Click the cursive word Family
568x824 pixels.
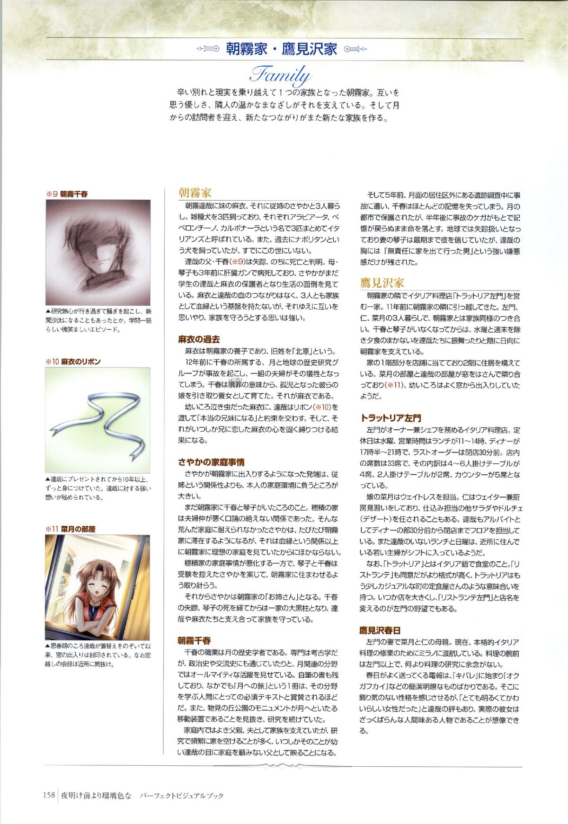coord(280,74)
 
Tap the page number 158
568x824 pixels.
coord(49,795)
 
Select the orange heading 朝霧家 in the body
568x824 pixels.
coord(195,193)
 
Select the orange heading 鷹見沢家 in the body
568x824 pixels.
coord(382,283)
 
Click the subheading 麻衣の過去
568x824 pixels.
coord(199,339)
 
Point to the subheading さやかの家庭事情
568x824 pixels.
coord(211,462)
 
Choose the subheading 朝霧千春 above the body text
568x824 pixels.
coord(194,640)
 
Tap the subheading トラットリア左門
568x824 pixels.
coord(390,418)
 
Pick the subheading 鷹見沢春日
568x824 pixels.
coord(380,630)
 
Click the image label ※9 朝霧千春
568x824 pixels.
coord(67,194)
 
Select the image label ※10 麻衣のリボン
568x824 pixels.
coord(73,362)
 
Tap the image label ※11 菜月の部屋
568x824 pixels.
coord(71,529)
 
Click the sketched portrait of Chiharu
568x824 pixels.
coord(98,252)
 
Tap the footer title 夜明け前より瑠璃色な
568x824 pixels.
coord(96,796)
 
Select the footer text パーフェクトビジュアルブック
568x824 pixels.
coord(181,796)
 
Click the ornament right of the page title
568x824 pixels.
coord(356,49)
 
